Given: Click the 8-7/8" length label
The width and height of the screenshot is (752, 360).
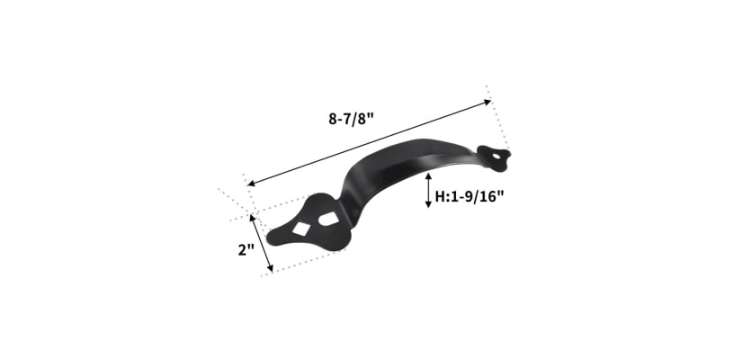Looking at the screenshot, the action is (x=351, y=118).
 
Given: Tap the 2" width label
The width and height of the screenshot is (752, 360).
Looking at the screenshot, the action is (x=246, y=249).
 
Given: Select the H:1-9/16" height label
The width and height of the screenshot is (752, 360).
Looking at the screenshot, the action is (x=470, y=196).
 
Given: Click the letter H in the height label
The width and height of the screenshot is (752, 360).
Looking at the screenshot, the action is (x=439, y=196).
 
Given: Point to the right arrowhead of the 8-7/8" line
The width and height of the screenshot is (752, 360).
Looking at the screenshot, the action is (x=488, y=102).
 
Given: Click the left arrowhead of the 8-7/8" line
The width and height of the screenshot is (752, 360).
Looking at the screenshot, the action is (x=251, y=183).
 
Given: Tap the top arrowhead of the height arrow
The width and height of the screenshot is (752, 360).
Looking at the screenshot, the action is (x=428, y=176).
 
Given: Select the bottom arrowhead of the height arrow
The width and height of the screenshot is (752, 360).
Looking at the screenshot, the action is (x=428, y=204).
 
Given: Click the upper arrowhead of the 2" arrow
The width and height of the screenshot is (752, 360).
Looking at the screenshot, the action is (x=252, y=218).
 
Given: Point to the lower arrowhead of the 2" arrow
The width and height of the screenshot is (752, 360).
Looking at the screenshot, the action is (x=270, y=268).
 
